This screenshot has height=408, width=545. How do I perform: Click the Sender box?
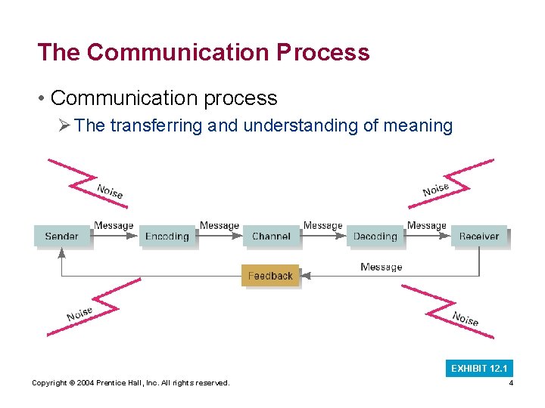[62, 236]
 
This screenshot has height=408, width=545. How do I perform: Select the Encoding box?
[167, 236]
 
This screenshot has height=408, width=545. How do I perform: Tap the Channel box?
[271, 236]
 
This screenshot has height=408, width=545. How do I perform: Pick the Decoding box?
[375, 236]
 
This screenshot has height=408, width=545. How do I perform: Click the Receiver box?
[479, 236]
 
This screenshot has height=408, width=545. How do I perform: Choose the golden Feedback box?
[270, 276]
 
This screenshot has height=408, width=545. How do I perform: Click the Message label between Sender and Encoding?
[114, 225]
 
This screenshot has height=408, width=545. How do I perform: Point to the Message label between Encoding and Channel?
[220, 225]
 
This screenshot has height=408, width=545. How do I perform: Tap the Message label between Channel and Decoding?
[322, 225]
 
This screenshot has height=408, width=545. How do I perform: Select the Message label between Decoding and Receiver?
[427, 225]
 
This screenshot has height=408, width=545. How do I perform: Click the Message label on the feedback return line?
[381, 267]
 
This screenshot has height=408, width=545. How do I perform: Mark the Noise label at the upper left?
[110, 191]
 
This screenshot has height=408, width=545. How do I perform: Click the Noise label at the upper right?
[436, 189]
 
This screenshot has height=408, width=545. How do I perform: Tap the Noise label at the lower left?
[79, 314]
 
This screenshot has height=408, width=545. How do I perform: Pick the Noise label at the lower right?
[465, 318]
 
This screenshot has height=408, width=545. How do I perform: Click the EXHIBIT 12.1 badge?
[479, 369]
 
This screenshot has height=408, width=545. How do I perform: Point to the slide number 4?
[511, 383]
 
